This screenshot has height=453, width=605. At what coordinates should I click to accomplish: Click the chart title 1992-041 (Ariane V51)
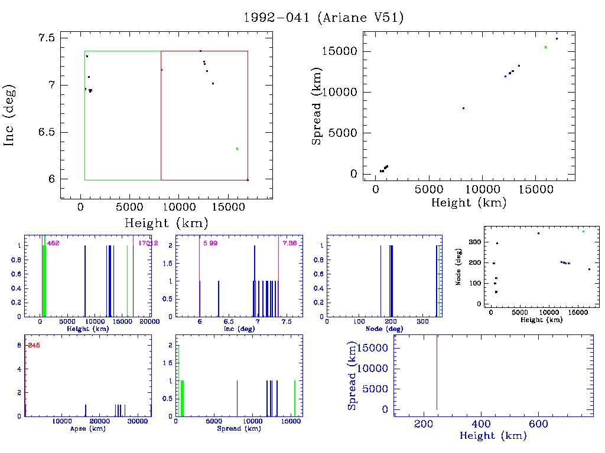[324, 18]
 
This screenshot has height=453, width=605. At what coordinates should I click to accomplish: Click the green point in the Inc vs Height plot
[237, 149]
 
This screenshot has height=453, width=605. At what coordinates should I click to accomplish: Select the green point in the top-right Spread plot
[545, 47]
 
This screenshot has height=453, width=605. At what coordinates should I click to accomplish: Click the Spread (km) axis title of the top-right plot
[317, 113]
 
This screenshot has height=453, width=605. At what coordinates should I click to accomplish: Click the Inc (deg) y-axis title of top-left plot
[10, 115]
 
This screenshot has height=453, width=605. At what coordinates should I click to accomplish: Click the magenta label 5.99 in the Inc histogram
[210, 243]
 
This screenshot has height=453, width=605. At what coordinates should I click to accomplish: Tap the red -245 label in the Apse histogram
[33, 345]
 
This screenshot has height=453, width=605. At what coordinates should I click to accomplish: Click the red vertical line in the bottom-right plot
[437, 372]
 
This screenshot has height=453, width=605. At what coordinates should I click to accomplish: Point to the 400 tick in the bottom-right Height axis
[482, 424]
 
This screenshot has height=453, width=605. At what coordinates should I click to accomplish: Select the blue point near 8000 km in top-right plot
[463, 108]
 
